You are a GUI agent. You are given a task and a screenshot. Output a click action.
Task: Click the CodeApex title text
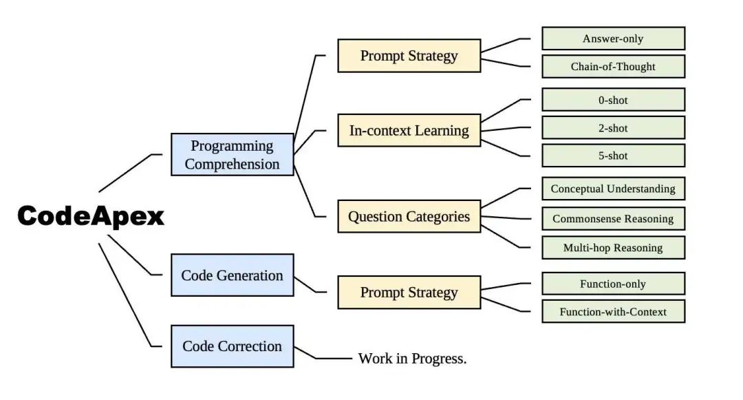(91, 216)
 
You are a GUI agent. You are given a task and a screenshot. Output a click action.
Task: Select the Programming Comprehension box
(232, 155)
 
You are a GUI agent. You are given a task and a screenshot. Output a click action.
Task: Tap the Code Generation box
(232, 275)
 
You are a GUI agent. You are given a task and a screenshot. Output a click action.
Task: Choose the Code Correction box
(232, 346)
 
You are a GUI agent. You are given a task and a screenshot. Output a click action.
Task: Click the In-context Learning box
(409, 130)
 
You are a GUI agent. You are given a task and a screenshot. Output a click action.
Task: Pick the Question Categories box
(409, 217)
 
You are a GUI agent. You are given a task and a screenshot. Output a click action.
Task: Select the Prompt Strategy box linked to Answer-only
(409, 56)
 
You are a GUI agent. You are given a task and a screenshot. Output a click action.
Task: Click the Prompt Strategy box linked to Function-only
(409, 293)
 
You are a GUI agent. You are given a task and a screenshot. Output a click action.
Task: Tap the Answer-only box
(613, 39)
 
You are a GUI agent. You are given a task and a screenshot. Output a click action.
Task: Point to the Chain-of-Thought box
(613, 67)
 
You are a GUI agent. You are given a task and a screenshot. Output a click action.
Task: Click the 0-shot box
(613, 100)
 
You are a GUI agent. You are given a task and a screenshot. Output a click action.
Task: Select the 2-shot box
(613, 128)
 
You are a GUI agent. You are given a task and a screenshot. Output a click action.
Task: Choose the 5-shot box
(613, 156)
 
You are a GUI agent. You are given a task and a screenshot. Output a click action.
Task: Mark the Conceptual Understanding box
(613, 189)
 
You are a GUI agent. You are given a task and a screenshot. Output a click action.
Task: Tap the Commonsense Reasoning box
(613, 219)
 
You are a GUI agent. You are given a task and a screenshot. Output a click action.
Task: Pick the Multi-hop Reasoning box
(613, 248)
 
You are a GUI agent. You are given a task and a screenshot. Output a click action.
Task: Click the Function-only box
(613, 284)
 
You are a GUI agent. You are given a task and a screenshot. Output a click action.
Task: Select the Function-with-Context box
(613, 312)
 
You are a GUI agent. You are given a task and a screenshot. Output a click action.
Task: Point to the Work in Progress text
(412, 359)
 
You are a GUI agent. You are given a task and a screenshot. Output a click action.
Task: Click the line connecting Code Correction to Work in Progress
(334, 359)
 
